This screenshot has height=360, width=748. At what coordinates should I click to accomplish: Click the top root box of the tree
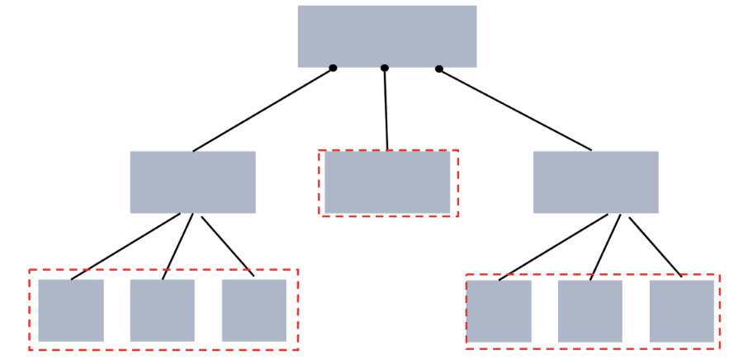(x=386, y=36)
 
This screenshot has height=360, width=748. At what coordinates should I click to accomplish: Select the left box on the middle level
(x=192, y=182)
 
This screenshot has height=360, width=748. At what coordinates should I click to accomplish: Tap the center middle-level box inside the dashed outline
(x=386, y=182)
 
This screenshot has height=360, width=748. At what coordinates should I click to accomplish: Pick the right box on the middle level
(x=595, y=182)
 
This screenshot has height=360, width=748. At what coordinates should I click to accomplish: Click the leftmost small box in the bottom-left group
(x=71, y=310)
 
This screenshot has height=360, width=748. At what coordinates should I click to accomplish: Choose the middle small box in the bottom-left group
(x=162, y=310)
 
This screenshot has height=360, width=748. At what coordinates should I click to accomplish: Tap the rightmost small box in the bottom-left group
(x=253, y=310)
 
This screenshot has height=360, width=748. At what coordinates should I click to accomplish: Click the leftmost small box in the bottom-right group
(x=499, y=310)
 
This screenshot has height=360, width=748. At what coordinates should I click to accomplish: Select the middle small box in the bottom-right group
(x=589, y=310)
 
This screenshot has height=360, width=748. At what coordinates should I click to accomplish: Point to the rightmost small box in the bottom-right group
(x=681, y=310)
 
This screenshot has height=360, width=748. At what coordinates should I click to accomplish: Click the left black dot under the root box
(x=333, y=68)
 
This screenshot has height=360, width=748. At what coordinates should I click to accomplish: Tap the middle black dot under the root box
(x=385, y=68)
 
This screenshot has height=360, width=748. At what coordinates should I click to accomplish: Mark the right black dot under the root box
(x=438, y=69)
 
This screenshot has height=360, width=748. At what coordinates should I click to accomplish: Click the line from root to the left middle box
(x=263, y=110)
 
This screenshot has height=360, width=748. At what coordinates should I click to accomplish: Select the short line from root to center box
(x=386, y=109)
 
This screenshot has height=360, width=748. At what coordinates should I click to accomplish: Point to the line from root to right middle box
(x=515, y=109)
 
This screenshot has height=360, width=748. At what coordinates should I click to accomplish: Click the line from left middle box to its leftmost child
(x=125, y=246)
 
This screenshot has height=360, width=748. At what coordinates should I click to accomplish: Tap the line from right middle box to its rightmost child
(x=656, y=247)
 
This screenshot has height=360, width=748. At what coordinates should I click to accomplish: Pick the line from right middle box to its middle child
(x=605, y=247)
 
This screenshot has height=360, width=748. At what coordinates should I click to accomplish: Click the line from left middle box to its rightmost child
(x=227, y=245)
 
